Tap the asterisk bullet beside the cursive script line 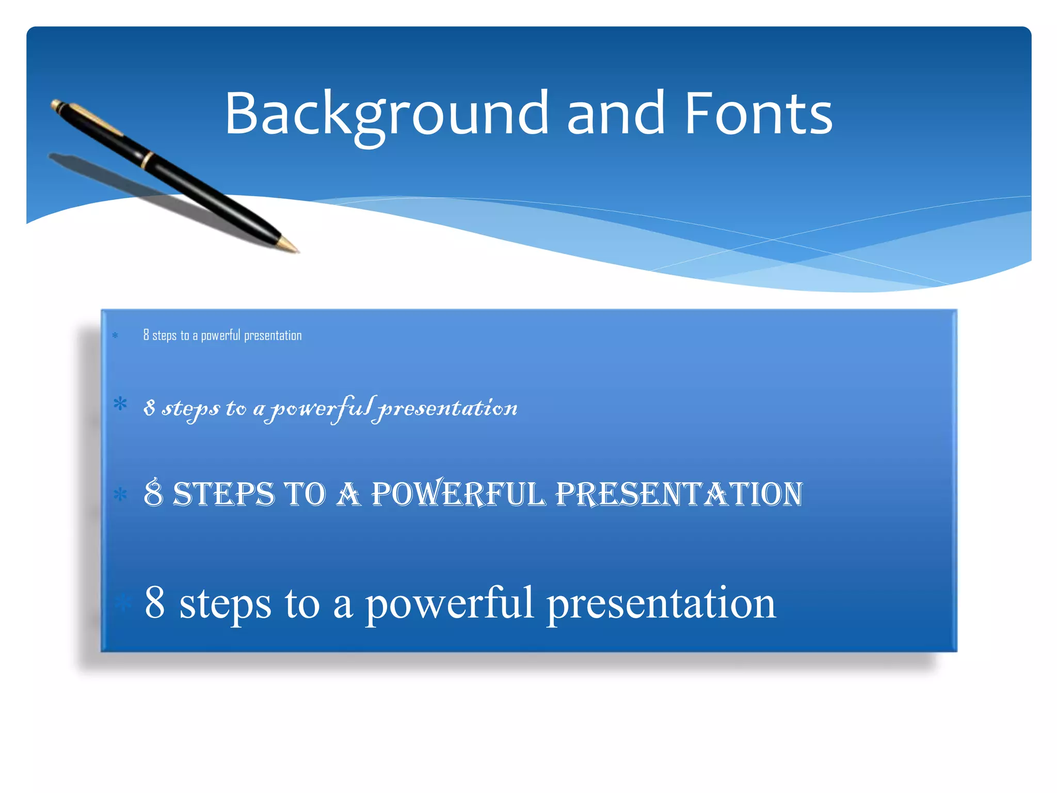[120, 404]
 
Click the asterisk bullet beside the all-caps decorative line [120, 495]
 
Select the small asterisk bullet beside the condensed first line [115, 336]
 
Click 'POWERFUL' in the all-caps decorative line [458, 494]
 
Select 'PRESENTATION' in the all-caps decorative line [679, 494]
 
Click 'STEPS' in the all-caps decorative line [223, 494]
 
